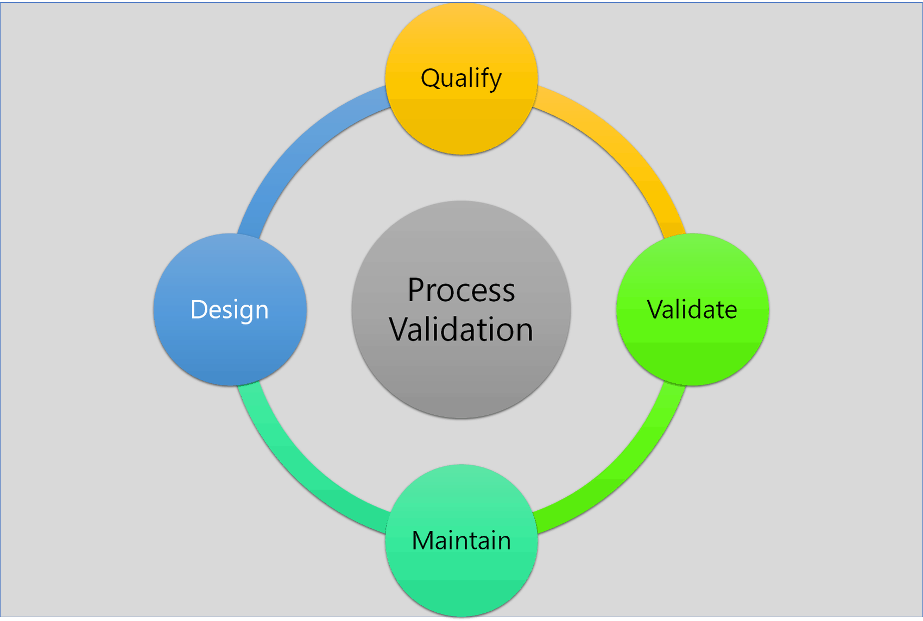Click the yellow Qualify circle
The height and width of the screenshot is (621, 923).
(x=461, y=78)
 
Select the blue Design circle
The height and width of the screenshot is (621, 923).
(x=230, y=309)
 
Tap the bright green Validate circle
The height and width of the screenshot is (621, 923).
(x=692, y=309)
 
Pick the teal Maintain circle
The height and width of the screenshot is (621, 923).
(x=461, y=541)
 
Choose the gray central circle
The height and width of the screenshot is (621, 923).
(x=461, y=309)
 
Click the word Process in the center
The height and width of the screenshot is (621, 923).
(x=461, y=290)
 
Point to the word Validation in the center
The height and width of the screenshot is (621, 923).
(x=461, y=329)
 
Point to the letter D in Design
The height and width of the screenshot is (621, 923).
(x=200, y=309)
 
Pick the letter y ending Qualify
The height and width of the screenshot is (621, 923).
(x=494, y=81)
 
